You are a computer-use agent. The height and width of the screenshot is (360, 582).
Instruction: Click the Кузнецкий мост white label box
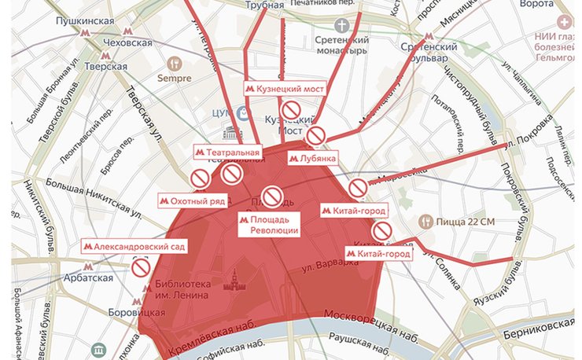[284, 90]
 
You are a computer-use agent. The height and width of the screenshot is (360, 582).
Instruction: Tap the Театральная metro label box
[227, 150]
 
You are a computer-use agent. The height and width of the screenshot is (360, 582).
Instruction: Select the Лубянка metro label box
[313, 157]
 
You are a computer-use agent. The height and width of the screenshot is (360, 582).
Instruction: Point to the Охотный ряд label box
[193, 200]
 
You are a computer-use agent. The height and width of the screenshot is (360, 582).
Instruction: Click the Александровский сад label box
[134, 247]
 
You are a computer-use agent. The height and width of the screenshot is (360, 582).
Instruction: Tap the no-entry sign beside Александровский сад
[141, 268]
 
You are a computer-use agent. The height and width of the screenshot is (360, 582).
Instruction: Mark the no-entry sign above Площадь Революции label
[272, 196]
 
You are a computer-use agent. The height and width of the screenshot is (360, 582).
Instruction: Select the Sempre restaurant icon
[175, 62]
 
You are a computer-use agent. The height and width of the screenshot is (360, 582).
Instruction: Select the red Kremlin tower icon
[233, 281]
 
